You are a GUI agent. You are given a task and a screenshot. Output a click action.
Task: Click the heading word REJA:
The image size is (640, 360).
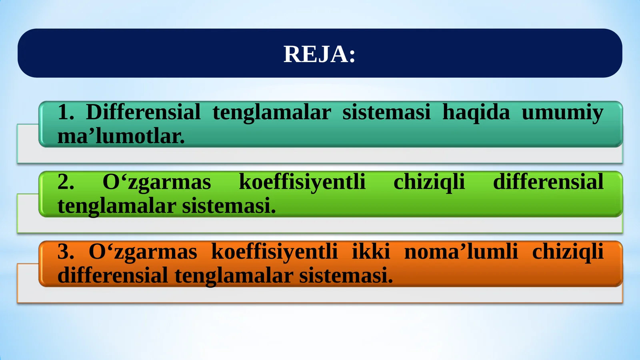pyautogui.click(x=319, y=54)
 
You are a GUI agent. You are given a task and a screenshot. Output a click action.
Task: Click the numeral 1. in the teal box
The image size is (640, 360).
pyautogui.click(x=66, y=112)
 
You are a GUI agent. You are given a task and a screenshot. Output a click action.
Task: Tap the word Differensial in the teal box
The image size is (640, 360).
pyautogui.click(x=143, y=112)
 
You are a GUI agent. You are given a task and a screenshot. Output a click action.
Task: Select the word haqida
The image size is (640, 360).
pyautogui.click(x=476, y=112)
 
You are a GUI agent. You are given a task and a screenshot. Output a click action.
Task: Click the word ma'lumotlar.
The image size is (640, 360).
pyautogui.click(x=121, y=136)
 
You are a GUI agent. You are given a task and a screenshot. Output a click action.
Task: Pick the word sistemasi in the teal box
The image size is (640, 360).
pyautogui.click(x=386, y=112)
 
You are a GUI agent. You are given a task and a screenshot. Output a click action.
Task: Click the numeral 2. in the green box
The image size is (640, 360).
pyautogui.click(x=66, y=182)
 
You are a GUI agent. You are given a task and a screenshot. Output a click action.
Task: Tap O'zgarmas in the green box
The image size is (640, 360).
pyautogui.click(x=156, y=182)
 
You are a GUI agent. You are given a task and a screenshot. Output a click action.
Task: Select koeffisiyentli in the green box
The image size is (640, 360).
pyautogui.click(x=302, y=182)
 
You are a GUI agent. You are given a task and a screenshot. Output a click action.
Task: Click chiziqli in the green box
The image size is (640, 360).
pyautogui.click(x=429, y=182)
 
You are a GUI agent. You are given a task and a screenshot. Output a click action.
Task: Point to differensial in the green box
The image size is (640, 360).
pyautogui.click(x=548, y=182)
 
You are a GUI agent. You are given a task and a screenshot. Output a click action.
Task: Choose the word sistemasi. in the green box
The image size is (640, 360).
pyautogui.click(x=229, y=206)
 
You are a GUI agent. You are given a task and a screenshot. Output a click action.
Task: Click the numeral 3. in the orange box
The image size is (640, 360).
pyautogui.click(x=66, y=252)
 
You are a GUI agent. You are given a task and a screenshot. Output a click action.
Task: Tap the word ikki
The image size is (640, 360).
pyautogui.click(x=371, y=252)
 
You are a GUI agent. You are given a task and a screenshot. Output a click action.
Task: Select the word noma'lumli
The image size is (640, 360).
pyautogui.click(x=461, y=252)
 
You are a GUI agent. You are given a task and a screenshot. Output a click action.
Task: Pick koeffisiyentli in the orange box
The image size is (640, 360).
pyautogui.click(x=274, y=252)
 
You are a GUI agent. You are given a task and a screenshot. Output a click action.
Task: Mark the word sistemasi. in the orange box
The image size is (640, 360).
pyautogui.click(x=346, y=276)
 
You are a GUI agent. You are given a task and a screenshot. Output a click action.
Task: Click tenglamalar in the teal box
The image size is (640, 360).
pyautogui.click(x=272, y=112)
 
